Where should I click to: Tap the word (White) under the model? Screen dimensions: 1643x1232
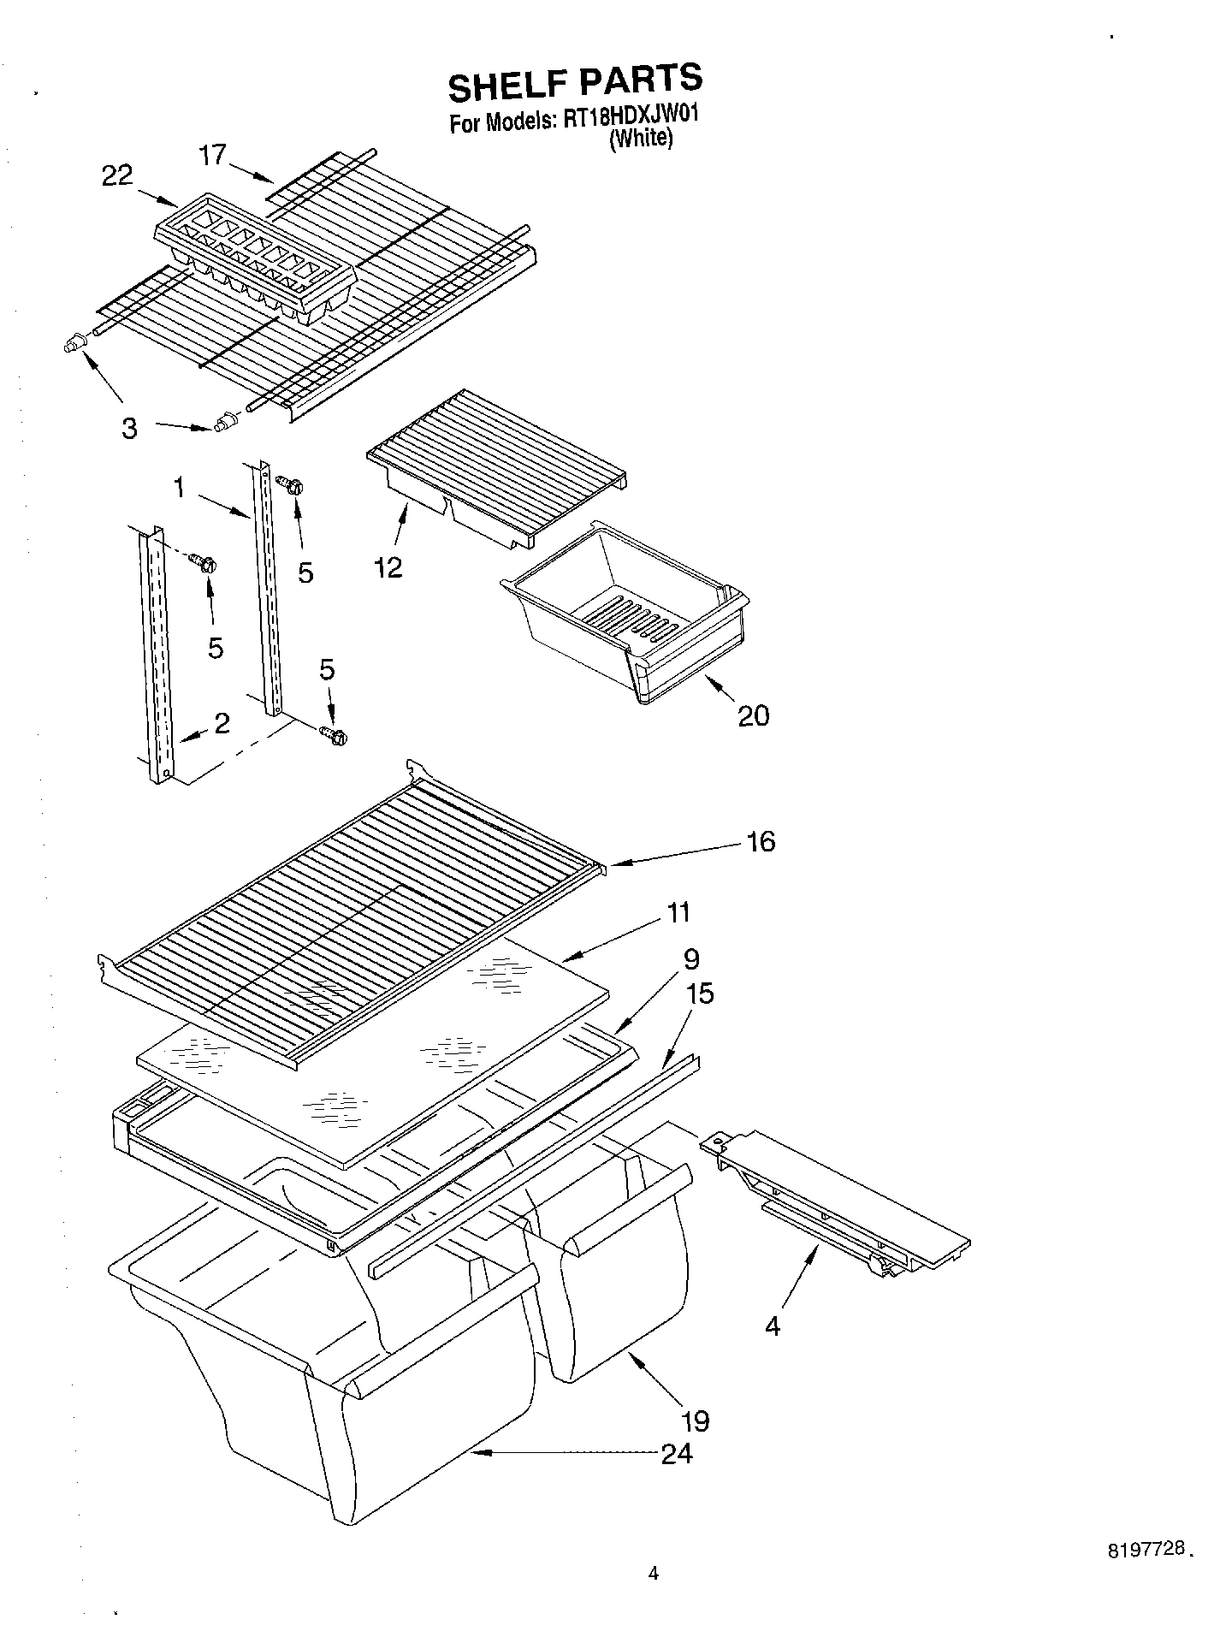coord(641,139)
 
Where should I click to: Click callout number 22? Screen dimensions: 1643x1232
coord(117,175)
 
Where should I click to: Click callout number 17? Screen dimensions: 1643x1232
coord(212,155)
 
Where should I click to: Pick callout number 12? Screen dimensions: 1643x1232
coord(388,567)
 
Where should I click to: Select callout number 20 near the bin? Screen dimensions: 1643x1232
coord(753,715)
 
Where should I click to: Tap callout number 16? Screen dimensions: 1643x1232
coord(760,841)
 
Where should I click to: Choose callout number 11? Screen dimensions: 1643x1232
coord(678,913)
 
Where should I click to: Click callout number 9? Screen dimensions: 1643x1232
coord(691,958)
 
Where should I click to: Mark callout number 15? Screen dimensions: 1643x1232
coord(699,994)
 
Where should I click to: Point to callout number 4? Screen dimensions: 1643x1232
coord(773,1326)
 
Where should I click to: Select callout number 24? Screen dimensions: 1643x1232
coord(677,1453)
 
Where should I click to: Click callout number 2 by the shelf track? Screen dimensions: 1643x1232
coord(222,724)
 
